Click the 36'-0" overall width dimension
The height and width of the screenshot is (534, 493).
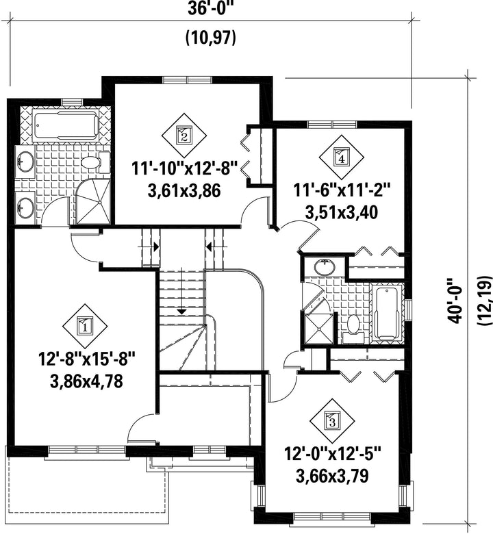pos(210,9)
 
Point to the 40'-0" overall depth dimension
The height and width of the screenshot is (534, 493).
pos(455,301)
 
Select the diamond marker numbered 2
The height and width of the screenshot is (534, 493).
pos(184,135)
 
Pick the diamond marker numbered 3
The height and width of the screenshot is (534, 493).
pos(332,420)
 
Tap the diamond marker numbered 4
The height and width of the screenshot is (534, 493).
pos(342,157)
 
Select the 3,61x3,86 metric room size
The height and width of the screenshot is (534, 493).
pos(184,191)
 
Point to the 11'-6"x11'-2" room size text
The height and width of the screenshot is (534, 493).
pos(342,190)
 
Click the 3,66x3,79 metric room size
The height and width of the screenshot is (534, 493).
pos(332,476)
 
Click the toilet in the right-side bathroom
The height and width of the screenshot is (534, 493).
pos(353,329)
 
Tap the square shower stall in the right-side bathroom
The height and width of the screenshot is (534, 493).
pos(318,329)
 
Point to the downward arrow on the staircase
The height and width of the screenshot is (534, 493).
pos(182,290)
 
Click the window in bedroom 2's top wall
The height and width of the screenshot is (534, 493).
pos(188,80)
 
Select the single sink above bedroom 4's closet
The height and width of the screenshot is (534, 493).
pos(325,268)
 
